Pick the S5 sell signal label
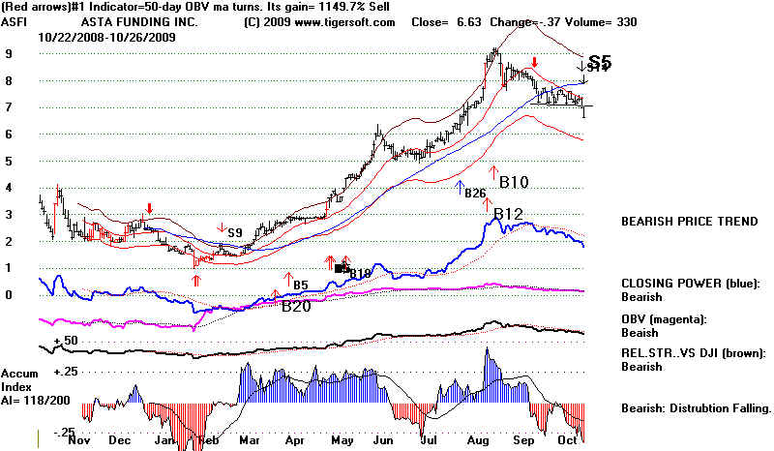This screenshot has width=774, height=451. click(x=600, y=62)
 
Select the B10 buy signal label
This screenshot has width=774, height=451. click(x=512, y=180)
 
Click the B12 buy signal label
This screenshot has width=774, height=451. click(x=509, y=214)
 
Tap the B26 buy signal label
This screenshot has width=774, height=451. click(x=475, y=194)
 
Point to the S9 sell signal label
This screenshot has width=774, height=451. click(x=234, y=233)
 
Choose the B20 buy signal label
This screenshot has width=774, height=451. click(x=297, y=307)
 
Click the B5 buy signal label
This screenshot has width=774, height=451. click(x=301, y=286)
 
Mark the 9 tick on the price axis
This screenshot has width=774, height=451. click(x=10, y=55)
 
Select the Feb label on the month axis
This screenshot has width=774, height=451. click(x=205, y=439)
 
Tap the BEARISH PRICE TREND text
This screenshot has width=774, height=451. click(x=689, y=222)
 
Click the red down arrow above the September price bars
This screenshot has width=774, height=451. click(x=535, y=63)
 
